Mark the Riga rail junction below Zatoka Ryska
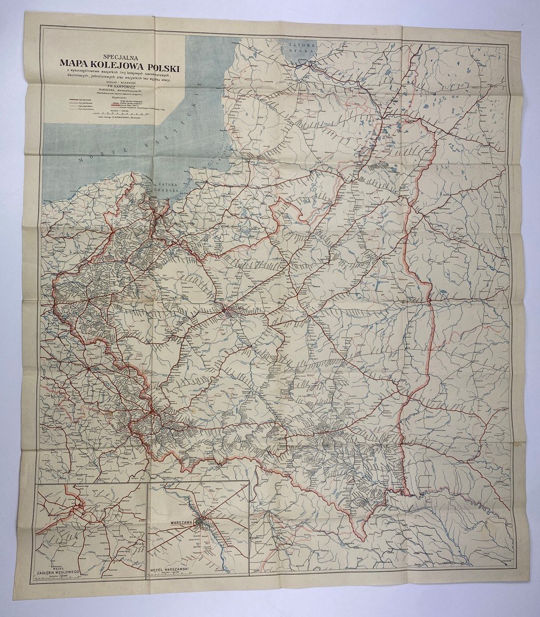point(311,64)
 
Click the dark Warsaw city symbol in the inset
point(200,523)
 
